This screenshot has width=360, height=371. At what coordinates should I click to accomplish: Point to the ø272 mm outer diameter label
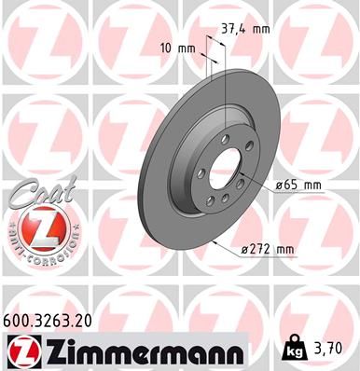coord(268,248)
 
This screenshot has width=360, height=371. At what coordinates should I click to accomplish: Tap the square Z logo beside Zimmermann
coord(20,350)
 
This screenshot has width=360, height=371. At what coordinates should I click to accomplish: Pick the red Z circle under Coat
coord(37,227)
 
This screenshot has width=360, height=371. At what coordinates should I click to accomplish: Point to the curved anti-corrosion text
coord(37,244)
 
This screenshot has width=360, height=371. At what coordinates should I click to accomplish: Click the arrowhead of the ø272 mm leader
coord(216,241)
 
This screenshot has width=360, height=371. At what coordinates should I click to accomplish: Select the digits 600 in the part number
coord(18,320)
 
